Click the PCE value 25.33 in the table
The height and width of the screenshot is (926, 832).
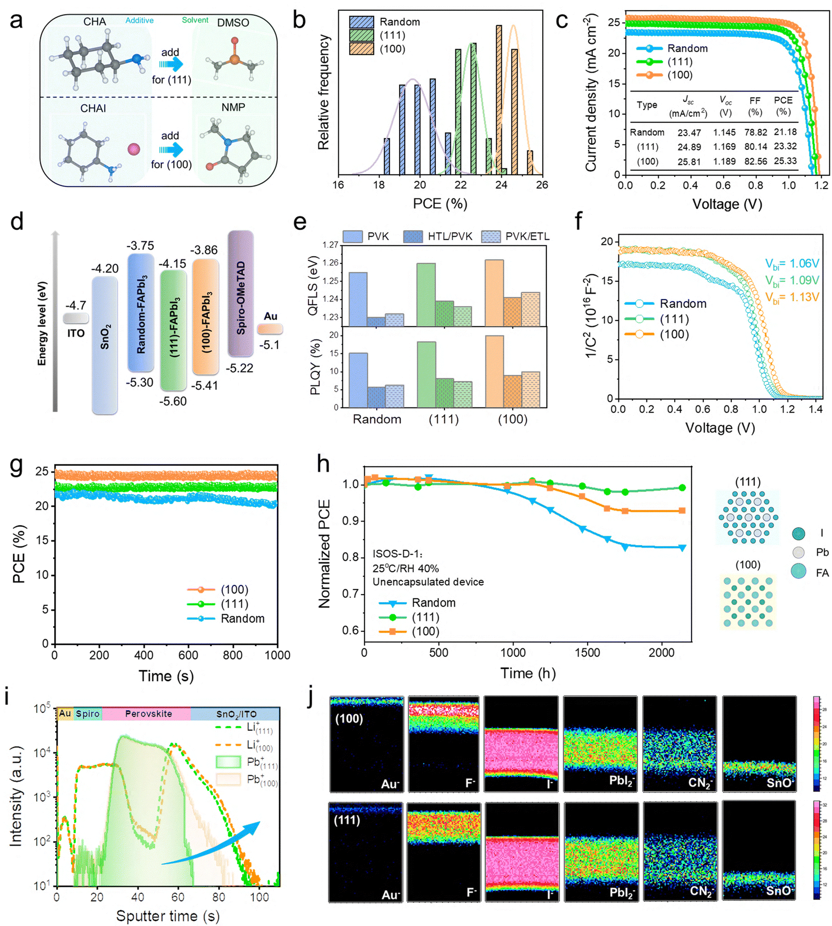tap(785, 161)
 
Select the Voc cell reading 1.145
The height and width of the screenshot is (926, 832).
tap(724, 132)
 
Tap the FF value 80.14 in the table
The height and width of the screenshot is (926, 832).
tap(755, 147)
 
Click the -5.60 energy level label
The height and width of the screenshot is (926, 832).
tap(173, 401)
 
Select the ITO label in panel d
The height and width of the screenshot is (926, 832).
tap(76, 333)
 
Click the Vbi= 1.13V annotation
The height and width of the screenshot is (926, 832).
tap(792, 298)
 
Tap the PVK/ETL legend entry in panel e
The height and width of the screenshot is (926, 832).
tap(527, 236)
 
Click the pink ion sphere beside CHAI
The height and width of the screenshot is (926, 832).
tap(134, 149)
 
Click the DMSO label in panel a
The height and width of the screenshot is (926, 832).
tap(233, 23)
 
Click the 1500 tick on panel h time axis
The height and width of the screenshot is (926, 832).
tap(587, 652)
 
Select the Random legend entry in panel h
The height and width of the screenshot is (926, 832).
tap(433, 603)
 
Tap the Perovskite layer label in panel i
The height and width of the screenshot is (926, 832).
tap(148, 714)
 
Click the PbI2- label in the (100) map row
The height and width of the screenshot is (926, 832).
tap(622, 781)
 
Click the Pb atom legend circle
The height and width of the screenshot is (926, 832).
tap(798, 552)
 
